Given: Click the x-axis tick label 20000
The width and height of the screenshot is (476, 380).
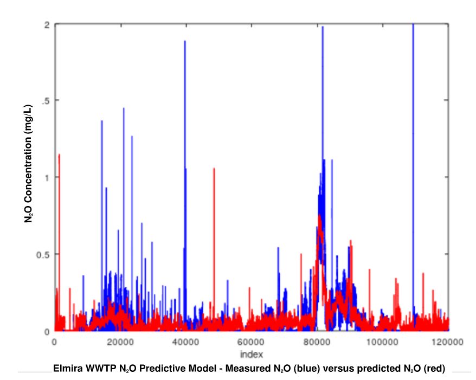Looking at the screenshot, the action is pyautogui.click(x=120, y=342).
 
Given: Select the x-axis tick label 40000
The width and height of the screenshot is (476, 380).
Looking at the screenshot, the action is pyautogui.click(x=186, y=342).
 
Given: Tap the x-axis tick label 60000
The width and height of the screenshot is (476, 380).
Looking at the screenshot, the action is pyautogui.click(x=251, y=342).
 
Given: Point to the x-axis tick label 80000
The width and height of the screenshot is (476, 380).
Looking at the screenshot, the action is pyautogui.click(x=317, y=342).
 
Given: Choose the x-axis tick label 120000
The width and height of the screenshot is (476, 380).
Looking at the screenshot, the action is pyautogui.click(x=447, y=342).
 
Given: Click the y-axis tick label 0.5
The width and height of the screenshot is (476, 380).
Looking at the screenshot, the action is pyautogui.click(x=43, y=255).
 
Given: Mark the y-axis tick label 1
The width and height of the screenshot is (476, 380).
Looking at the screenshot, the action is pyautogui.click(x=47, y=178).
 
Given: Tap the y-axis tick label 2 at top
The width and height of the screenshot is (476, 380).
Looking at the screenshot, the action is pyautogui.click(x=47, y=25).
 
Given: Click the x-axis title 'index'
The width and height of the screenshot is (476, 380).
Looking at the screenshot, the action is pyautogui.click(x=252, y=354).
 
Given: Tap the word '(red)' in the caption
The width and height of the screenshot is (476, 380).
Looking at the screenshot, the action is pyautogui.click(x=434, y=369).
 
